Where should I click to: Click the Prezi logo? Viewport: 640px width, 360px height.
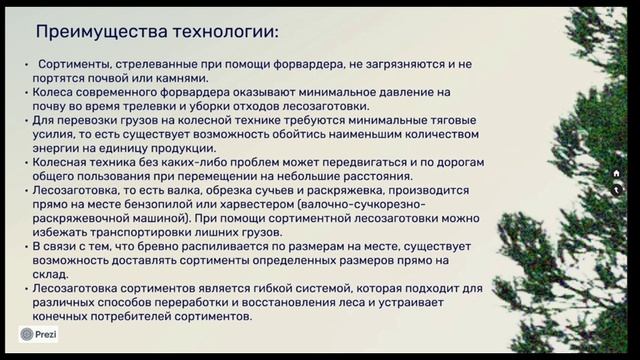[39, 334]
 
